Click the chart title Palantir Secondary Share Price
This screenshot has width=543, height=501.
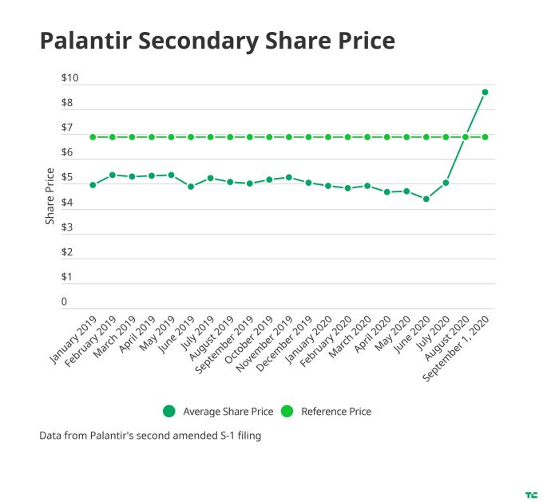click(x=217, y=41)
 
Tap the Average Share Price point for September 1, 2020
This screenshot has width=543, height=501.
click(x=485, y=93)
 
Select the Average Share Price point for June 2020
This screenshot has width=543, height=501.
click(x=426, y=199)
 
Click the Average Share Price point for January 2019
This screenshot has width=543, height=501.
click(x=93, y=184)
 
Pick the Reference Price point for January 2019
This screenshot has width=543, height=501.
click(x=93, y=137)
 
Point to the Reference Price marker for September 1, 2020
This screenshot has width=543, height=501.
click(x=485, y=137)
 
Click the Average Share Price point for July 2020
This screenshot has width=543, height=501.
click(x=446, y=183)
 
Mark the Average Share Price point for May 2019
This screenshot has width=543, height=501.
click(x=171, y=175)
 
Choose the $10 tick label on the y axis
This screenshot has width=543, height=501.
click(x=69, y=78)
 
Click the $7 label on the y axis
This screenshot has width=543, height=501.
click(x=67, y=128)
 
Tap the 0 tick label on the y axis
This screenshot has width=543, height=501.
click(x=65, y=302)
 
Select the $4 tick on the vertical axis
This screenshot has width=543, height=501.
click(x=67, y=203)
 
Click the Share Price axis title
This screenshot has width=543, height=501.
click(x=50, y=195)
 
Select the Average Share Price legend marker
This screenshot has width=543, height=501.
click(x=168, y=412)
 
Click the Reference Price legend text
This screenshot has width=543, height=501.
click(x=336, y=412)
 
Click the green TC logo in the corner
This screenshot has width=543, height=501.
click(x=529, y=495)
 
